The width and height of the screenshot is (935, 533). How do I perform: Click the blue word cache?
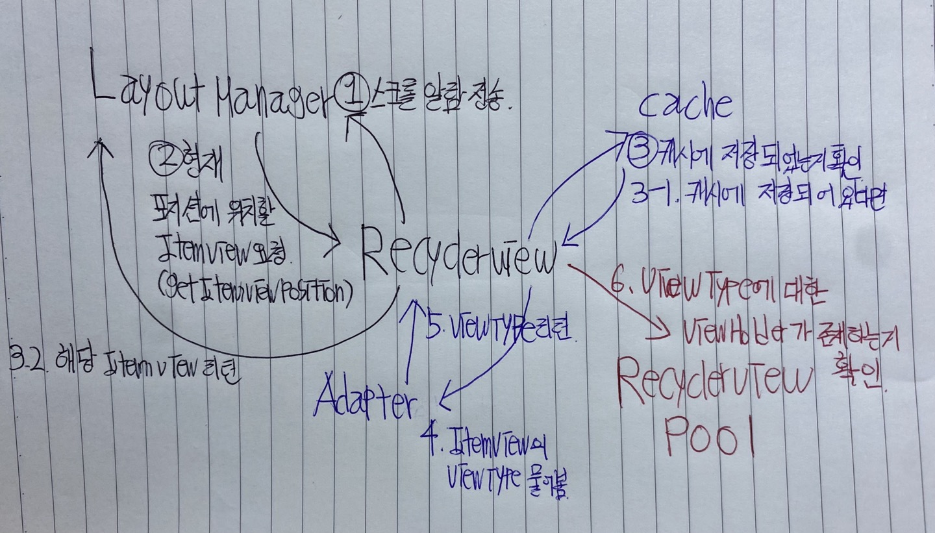[x=686, y=105]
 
